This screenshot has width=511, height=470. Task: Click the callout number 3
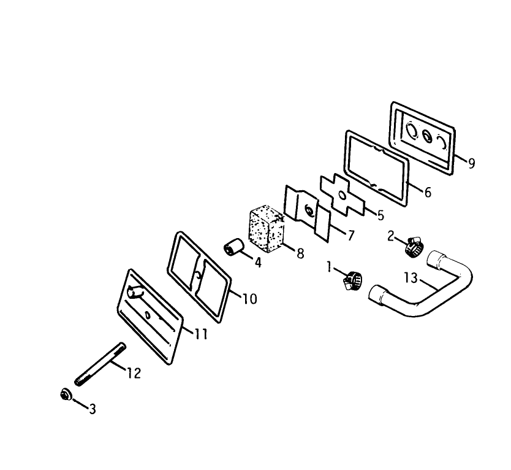[x=93, y=409]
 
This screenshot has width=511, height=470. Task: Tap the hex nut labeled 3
[x=66, y=394]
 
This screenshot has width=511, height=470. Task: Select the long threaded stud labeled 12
[x=100, y=364]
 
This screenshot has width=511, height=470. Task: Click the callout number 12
[x=134, y=373]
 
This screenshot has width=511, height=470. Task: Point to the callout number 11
[x=201, y=334]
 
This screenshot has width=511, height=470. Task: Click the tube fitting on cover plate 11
[x=135, y=291]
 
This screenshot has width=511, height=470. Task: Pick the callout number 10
[x=250, y=299]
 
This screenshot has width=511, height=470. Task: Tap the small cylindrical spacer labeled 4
[x=233, y=247]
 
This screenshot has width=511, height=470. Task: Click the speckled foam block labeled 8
[x=267, y=228]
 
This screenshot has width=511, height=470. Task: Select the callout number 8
[x=300, y=253]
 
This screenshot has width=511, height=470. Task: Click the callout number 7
[x=350, y=236]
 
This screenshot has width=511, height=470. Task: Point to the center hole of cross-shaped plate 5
[x=342, y=196]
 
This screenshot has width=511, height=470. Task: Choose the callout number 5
[x=380, y=215]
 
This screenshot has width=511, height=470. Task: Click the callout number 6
[x=428, y=193]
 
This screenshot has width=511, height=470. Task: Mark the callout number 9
[x=471, y=163]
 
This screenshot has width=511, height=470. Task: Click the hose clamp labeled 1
[x=352, y=280]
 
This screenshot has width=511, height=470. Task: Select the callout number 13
[x=411, y=278]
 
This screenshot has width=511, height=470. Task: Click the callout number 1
[x=329, y=267]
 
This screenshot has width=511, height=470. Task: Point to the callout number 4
[x=258, y=262]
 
